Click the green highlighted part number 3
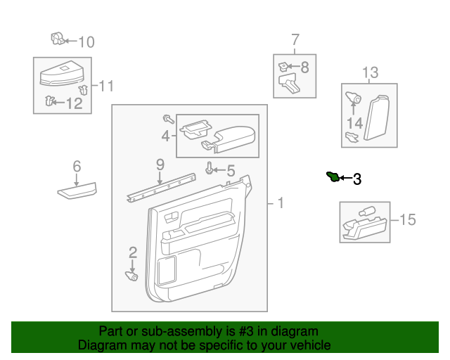point(333,176)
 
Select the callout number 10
point(86,42)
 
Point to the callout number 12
point(74,103)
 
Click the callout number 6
point(77,167)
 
